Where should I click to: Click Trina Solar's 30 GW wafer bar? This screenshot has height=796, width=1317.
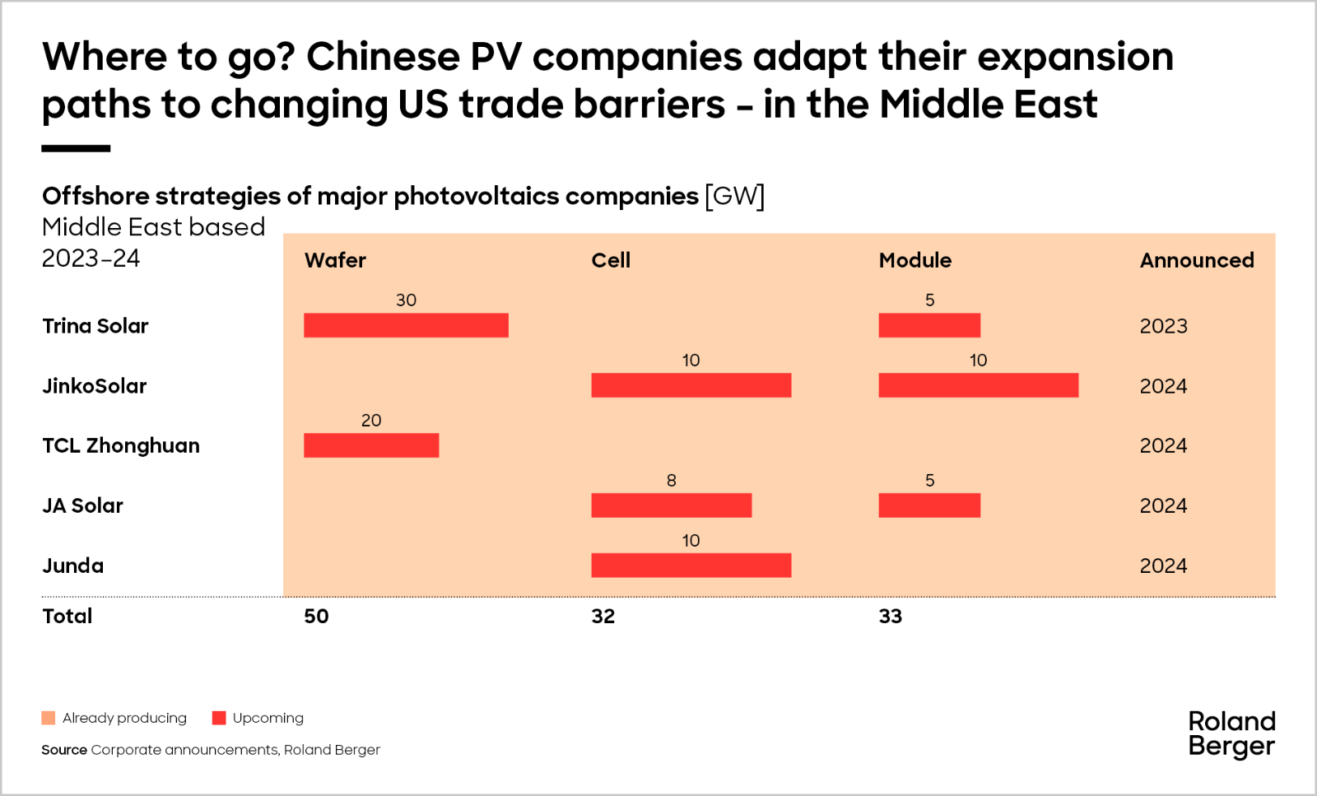click(x=406, y=325)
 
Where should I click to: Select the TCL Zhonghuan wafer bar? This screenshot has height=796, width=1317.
click(x=371, y=445)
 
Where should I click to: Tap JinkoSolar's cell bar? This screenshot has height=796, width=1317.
click(x=691, y=385)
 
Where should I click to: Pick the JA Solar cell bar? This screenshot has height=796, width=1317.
click(x=671, y=505)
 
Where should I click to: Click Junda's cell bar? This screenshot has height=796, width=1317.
click(x=691, y=566)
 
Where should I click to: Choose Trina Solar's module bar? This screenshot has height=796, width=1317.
click(x=929, y=325)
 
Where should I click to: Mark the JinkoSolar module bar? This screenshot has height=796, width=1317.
click(x=978, y=385)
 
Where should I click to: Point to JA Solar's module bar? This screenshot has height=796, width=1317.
click(x=929, y=505)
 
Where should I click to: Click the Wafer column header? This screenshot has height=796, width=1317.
click(x=335, y=260)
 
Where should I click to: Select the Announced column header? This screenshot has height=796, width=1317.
click(x=1197, y=260)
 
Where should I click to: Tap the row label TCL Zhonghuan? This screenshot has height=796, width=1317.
click(x=121, y=445)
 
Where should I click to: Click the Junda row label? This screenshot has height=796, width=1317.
click(x=73, y=566)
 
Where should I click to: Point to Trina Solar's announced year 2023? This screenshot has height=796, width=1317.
click(x=1163, y=326)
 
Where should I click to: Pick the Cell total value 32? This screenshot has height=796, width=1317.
click(x=603, y=616)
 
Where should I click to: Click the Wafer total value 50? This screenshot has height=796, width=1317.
click(x=316, y=616)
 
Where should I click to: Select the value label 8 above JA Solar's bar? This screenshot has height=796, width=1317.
click(x=672, y=480)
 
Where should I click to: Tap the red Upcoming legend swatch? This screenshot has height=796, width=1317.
click(x=219, y=718)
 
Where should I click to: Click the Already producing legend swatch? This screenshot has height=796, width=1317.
click(x=49, y=718)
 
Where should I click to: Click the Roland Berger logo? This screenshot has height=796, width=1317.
click(x=1231, y=733)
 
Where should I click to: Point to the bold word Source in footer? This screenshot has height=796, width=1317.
click(x=64, y=750)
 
